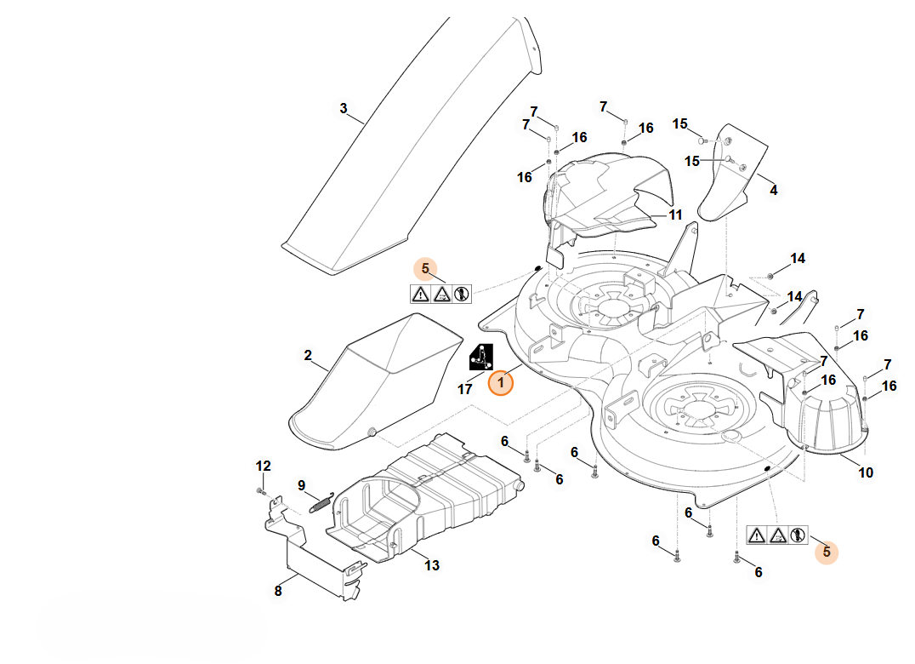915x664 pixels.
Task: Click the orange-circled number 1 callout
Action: coord(501,383)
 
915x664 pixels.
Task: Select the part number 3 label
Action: coord(344,108)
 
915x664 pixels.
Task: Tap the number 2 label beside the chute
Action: coord(308,355)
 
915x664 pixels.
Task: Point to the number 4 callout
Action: coord(773,190)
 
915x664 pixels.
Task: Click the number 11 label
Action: coord(675,215)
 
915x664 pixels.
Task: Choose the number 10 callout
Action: coord(866,472)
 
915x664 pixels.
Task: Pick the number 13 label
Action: coord(432,565)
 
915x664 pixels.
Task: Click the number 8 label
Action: coord(277,591)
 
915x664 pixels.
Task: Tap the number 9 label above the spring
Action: coord(301,485)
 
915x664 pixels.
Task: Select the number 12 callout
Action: coord(264,466)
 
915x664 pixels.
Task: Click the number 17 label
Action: coord(465,389)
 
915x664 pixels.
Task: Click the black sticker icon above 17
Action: coord(481,356)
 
